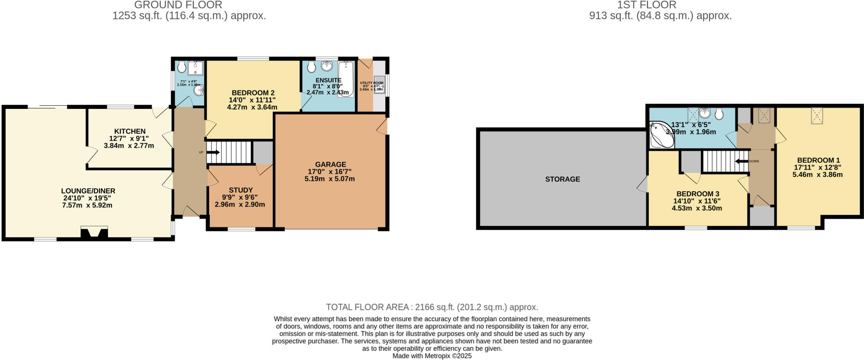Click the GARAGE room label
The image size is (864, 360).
330,165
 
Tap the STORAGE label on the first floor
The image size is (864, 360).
562,179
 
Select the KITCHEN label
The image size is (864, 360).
130,132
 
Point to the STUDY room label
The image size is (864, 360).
240,190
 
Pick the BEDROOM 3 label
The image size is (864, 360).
697,194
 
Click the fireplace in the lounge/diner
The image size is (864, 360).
94,233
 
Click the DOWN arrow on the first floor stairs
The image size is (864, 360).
741,161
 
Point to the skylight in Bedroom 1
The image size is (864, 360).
817,116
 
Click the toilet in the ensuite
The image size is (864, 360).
312,67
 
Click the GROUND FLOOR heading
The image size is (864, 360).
178,5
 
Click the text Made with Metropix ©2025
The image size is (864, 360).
432,356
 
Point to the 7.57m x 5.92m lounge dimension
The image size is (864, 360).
87,206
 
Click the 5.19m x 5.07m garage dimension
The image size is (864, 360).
329,179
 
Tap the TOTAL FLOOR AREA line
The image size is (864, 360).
432,307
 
